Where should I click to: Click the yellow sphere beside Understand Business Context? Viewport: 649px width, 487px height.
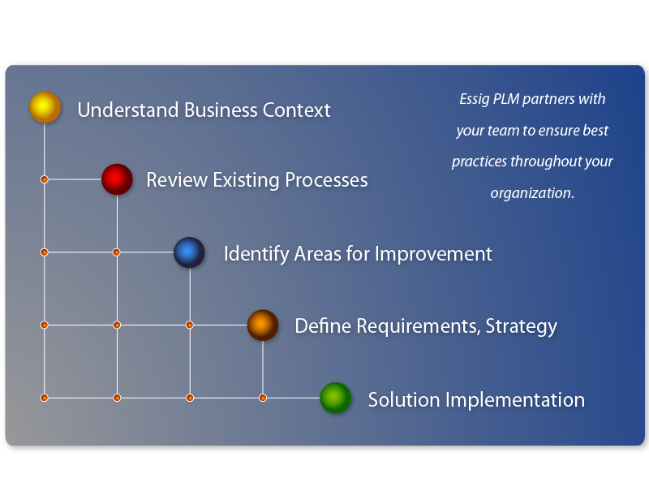pyautogui.click(x=45, y=107)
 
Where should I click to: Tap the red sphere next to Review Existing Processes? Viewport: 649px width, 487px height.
pyautogui.click(x=117, y=179)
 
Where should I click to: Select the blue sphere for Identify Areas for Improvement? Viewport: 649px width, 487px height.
pyautogui.click(x=189, y=252)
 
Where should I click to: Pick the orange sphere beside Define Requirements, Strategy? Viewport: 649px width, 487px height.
pyautogui.click(x=262, y=325)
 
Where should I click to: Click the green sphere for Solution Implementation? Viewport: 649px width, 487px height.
pyautogui.click(x=336, y=398)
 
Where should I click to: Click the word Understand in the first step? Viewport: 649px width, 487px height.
pyautogui.click(x=128, y=110)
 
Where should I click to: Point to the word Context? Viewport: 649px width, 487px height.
pyautogui.click(x=296, y=110)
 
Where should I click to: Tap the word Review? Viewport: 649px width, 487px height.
pyautogui.click(x=177, y=180)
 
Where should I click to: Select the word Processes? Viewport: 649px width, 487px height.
pyautogui.click(x=327, y=180)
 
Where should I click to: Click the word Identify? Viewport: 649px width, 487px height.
pyautogui.click(x=256, y=254)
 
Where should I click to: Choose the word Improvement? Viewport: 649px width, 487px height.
pyautogui.click(x=433, y=254)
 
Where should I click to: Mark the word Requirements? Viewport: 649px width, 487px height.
pyautogui.click(x=419, y=327)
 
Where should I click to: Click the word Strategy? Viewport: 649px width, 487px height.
pyautogui.click(x=521, y=327)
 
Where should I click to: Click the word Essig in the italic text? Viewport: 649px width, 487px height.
pyautogui.click(x=475, y=99)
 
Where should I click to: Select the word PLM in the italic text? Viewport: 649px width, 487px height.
pyautogui.click(x=506, y=99)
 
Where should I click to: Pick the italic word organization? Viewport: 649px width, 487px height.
pyautogui.click(x=532, y=193)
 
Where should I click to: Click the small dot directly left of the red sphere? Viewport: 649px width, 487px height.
pyautogui.click(x=45, y=179)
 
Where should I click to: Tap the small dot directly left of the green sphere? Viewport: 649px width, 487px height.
pyautogui.click(x=263, y=398)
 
